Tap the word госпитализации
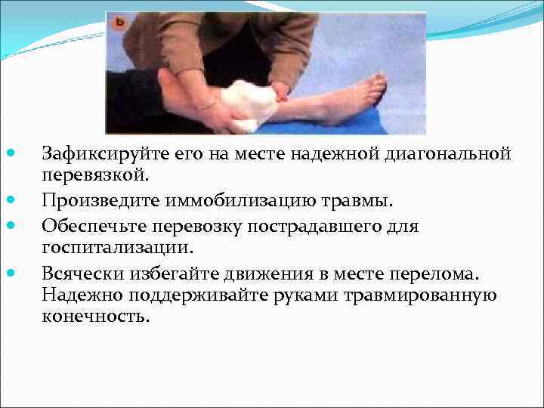[x=117, y=247]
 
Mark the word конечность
[x=96, y=316]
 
